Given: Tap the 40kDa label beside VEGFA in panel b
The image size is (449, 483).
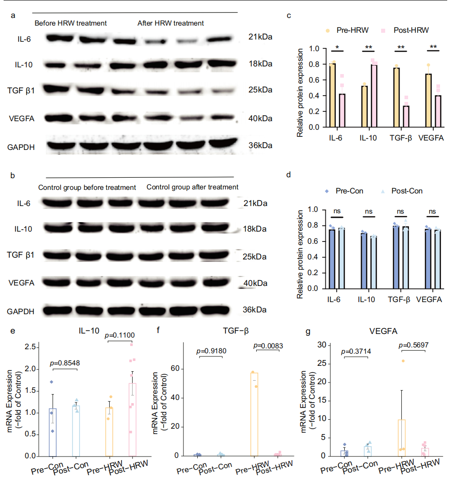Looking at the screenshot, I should coord(255,283).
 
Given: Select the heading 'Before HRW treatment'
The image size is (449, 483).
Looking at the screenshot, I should coord(71,23).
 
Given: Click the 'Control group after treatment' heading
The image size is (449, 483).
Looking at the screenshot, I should coord(192,187).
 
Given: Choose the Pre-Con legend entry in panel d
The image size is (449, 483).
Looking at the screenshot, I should coord(349,191).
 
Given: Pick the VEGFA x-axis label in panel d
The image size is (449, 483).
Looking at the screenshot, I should coord(430,299).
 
